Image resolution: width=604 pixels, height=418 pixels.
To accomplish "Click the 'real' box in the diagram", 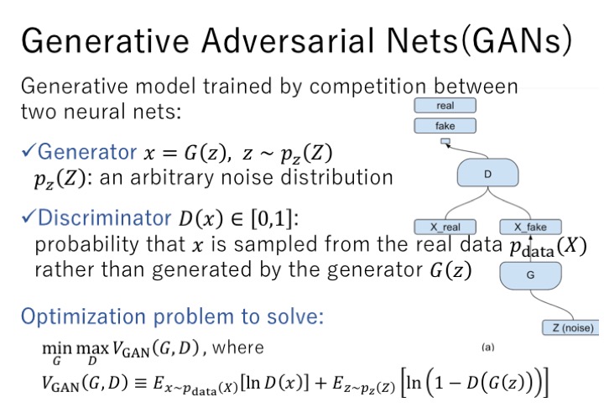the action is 445,105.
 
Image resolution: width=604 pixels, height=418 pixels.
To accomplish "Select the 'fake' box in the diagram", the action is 445,126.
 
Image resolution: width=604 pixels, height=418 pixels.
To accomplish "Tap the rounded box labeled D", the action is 487,173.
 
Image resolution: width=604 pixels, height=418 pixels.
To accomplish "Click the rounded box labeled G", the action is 530,275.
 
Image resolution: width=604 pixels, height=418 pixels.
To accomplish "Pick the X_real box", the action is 445,227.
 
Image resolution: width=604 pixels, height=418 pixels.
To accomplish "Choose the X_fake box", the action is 530,227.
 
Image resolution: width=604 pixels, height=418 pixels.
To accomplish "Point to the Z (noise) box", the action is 571,327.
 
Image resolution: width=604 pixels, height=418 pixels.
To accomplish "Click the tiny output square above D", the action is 445,141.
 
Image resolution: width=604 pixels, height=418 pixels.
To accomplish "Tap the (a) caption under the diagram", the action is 487,347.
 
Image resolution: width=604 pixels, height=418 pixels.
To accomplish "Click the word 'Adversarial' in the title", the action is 288,40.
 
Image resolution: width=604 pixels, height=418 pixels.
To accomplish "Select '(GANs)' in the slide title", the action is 516,41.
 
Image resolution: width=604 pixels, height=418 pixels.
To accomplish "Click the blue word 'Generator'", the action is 87,151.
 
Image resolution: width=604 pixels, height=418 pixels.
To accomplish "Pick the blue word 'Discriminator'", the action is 104,217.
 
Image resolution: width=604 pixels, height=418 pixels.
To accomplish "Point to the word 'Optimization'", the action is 83,317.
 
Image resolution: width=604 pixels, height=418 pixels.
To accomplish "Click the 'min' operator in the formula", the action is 57,347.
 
